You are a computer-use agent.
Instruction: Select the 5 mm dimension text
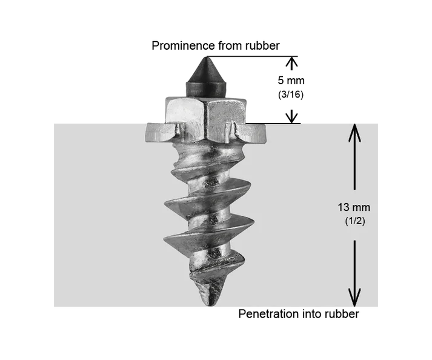pyautogui.click(x=291, y=81)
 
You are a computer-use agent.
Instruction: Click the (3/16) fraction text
pyautogui.click(x=291, y=95)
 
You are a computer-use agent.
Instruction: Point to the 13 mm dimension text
pyautogui.click(x=354, y=207)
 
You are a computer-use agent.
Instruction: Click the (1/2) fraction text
pyautogui.click(x=355, y=221)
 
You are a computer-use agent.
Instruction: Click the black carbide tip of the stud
pyautogui.click(x=207, y=76)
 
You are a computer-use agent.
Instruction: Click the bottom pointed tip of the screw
pyautogui.click(x=210, y=305)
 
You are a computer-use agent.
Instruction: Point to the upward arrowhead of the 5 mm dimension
pyautogui.click(x=292, y=62)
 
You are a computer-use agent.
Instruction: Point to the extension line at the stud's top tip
pyautogui.click(x=253, y=56)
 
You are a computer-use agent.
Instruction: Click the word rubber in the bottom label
pyautogui.click(x=342, y=314)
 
